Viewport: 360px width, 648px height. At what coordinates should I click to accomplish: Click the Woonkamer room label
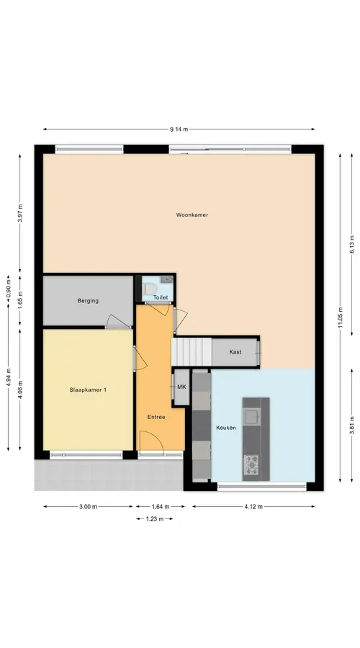tap(192, 215)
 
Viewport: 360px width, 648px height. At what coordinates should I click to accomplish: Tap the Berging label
tap(88, 301)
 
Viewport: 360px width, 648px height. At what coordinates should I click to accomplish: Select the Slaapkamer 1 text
tap(88, 390)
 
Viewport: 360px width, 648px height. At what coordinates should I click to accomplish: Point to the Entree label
tap(156, 417)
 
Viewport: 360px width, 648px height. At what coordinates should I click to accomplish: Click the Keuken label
tap(226, 428)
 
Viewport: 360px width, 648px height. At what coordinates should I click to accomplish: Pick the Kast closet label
tap(235, 352)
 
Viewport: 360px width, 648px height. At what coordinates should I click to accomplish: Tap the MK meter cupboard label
tap(181, 387)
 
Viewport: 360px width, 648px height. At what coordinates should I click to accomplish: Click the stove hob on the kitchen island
tap(251, 465)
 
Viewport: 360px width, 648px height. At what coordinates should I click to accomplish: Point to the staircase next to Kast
tap(192, 351)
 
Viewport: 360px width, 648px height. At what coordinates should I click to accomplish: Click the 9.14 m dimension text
tap(179, 130)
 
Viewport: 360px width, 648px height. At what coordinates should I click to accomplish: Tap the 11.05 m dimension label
tap(340, 318)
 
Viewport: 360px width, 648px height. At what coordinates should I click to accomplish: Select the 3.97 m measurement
tap(20, 213)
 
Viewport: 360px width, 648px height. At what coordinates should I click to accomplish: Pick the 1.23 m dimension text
tap(154, 519)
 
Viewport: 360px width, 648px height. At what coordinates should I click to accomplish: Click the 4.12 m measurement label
tap(253, 507)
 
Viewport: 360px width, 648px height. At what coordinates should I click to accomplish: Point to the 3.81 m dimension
tap(352, 426)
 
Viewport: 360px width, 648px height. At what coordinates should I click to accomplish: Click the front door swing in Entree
tap(152, 441)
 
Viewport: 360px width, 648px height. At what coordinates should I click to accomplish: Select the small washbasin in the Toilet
tap(167, 279)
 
